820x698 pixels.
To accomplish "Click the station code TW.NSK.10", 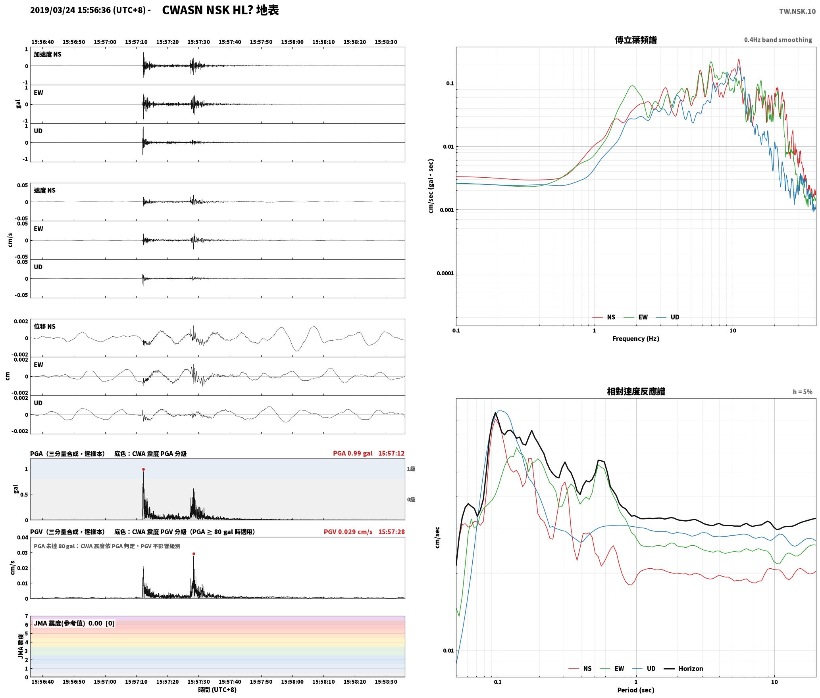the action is point(797,11).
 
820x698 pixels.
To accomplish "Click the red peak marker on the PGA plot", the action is point(143,469).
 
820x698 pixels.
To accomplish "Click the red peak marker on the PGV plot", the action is point(194,554).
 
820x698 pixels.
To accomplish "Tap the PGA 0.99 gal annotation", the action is point(352,453).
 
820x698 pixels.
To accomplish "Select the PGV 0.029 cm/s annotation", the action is point(348,532).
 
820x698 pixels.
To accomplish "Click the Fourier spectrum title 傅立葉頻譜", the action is point(636,40).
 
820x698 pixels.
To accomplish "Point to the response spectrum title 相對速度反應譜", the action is point(636,391).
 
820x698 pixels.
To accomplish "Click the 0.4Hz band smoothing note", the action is point(778,40).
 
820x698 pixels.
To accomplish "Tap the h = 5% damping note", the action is point(803,392).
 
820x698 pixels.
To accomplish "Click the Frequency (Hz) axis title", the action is point(636,338).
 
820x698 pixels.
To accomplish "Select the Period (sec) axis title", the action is point(636,690).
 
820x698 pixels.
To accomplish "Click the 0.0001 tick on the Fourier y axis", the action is point(445,273).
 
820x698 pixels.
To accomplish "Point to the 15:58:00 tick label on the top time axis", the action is point(292,42).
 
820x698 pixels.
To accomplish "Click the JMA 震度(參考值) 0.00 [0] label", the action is point(74,623).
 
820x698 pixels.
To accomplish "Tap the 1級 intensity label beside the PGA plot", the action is point(411,469).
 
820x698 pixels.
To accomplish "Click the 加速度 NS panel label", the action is point(48,54).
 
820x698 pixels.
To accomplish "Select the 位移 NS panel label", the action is point(45,326).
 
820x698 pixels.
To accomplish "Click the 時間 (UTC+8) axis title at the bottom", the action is point(218,690).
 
